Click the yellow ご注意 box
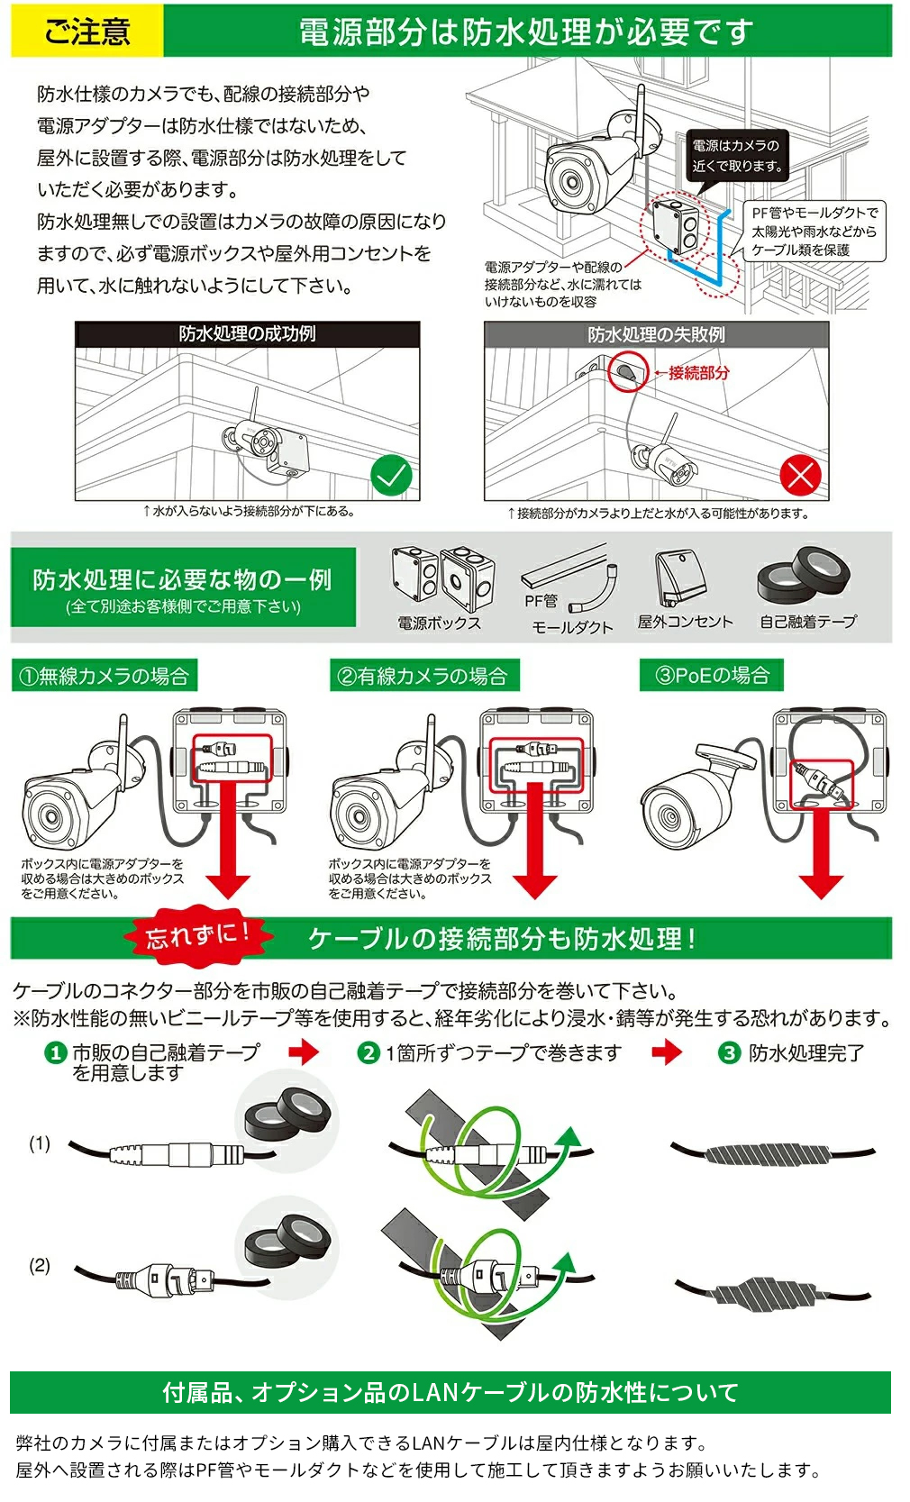[x=86, y=32]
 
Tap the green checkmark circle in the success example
[x=392, y=475]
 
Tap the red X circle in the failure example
[x=800, y=475]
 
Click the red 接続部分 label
[x=698, y=372]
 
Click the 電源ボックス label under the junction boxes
[x=439, y=623]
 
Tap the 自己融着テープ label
[x=807, y=622]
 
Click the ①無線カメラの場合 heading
[x=105, y=676]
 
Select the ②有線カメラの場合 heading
[x=423, y=676]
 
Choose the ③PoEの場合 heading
[x=711, y=675]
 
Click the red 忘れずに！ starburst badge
[x=197, y=935]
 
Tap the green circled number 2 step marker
[x=369, y=1052]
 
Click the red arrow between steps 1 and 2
[x=305, y=1051]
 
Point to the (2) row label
[x=40, y=1265]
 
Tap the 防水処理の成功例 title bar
[x=247, y=334]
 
